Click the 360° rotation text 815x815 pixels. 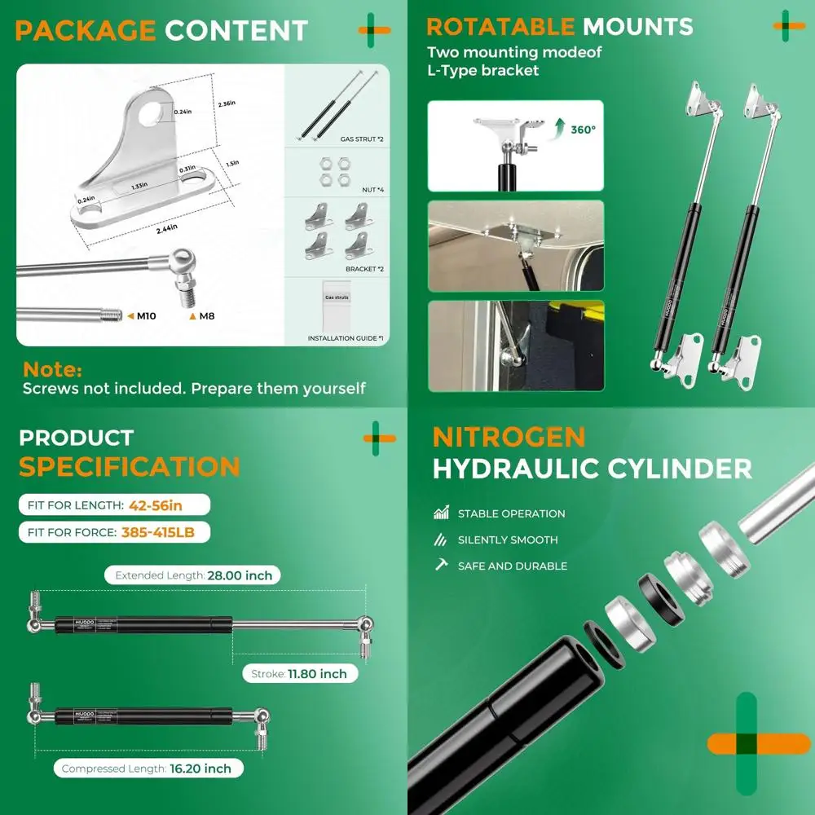(583, 129)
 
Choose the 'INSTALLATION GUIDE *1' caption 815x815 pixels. (346, 337)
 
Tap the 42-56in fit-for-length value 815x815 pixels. (155, 505)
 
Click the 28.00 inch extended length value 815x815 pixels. (240, 575)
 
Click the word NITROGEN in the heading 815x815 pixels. (509, 437)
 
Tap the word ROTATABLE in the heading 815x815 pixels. (501, 27)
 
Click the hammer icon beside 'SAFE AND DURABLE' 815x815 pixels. (442, 565)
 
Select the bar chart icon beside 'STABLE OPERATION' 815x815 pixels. (442, 513)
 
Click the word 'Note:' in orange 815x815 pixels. (52, 370)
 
